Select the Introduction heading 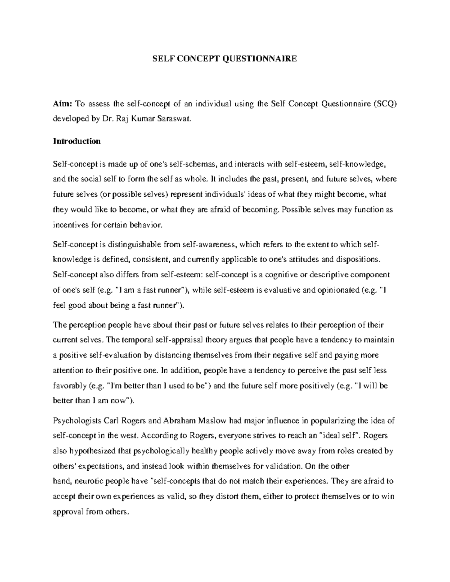point(77,141)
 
